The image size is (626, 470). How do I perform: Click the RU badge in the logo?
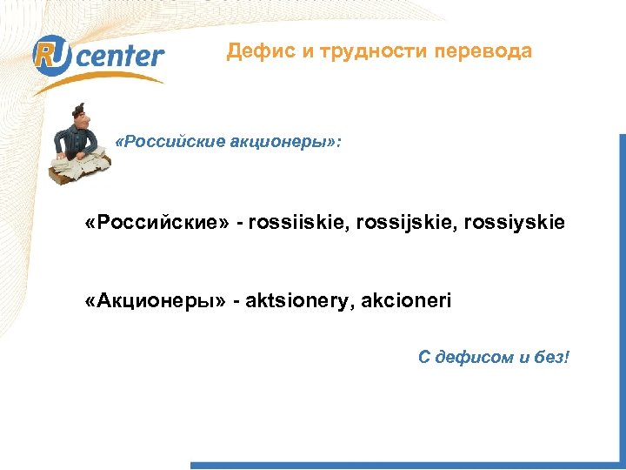54,55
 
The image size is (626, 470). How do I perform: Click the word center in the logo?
121,57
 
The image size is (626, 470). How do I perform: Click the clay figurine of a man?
80,144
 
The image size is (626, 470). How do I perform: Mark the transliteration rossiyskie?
517,223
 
